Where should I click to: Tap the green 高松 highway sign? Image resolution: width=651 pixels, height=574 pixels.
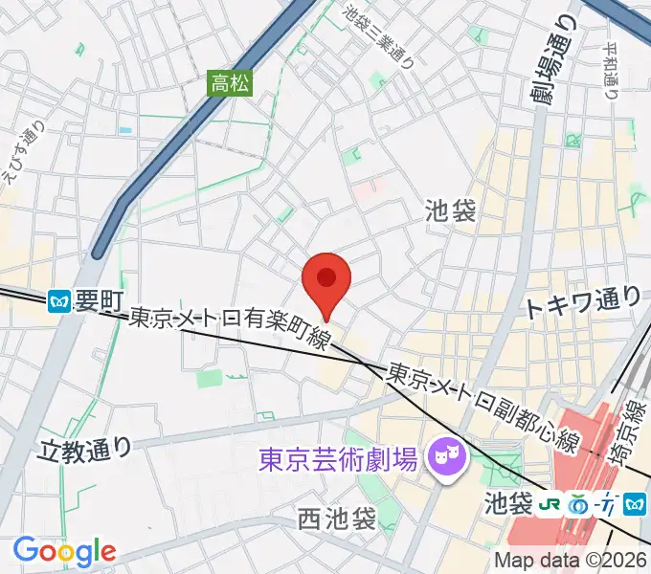click(x=231, y=83)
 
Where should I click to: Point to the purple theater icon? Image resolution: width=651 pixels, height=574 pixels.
click(x=444, y=450)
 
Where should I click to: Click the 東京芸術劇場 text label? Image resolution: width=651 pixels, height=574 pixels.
click(x=339, y=460)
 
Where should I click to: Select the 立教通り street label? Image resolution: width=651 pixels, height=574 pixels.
click(x=84, y=447)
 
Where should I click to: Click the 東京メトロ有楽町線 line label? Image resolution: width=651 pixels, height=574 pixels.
click(x=230, y=327)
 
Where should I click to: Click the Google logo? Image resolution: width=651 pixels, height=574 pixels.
click(x=64, y=551)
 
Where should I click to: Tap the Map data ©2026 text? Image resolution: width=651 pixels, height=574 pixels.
click(x=571, y=562)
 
